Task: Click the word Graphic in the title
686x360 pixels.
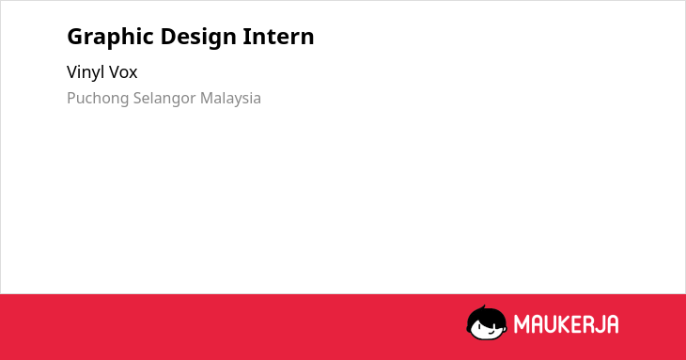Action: click(110, 38)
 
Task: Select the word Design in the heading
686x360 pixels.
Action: click(198, 38)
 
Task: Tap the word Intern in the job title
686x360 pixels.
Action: click(278, 36)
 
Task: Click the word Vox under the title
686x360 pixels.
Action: click(123, 72)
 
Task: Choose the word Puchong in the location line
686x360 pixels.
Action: click(98, 99)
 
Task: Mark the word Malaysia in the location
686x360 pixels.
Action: click(230, 99)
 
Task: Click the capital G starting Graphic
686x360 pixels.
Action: click(75, 37)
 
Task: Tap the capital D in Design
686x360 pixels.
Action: click(168, 37)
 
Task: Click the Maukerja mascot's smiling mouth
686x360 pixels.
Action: click(492, 333)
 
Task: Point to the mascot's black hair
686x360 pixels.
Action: click(486, 316)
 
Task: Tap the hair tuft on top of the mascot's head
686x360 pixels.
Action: click(483, 307)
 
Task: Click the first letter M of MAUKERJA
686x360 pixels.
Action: click(522, 324)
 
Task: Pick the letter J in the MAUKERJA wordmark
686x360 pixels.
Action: click(600, 324)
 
